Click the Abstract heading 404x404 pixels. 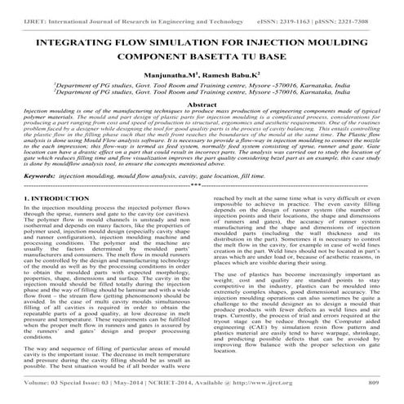(x=202, y=105)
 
